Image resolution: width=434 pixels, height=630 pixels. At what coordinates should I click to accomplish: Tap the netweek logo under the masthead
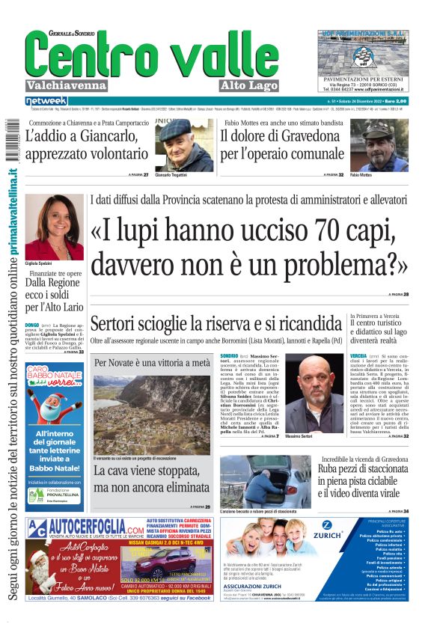click(46, 101)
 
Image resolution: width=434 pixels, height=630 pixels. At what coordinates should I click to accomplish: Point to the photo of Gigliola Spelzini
click(54, 227)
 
